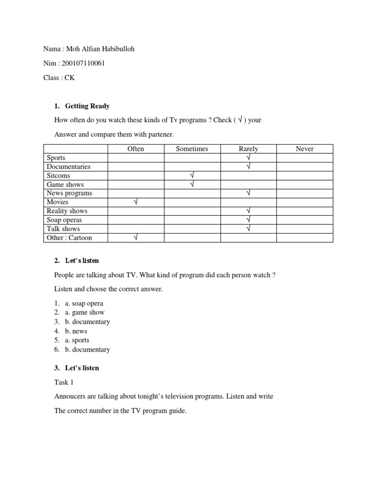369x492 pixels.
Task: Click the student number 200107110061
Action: [84, 63]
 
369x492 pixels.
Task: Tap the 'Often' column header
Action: [135, 149]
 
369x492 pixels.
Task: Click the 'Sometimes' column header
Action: [192, 149]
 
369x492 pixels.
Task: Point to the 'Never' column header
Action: [305, 149]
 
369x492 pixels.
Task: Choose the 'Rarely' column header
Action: [248, 149]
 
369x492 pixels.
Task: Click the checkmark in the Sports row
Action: [248, 158]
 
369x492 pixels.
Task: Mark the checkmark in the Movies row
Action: [136, 202]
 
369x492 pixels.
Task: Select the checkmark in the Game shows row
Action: [192, 184]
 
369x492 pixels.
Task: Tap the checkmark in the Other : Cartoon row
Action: [136, 238]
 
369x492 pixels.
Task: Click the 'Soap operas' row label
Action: [64, 220]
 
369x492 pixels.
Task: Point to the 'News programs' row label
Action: [69, 193]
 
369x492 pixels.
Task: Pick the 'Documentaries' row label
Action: [68, 167]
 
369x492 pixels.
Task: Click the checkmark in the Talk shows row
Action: [248, 229]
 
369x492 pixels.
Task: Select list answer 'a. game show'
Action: [85, 312]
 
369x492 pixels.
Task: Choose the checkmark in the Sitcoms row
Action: [192, 175]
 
